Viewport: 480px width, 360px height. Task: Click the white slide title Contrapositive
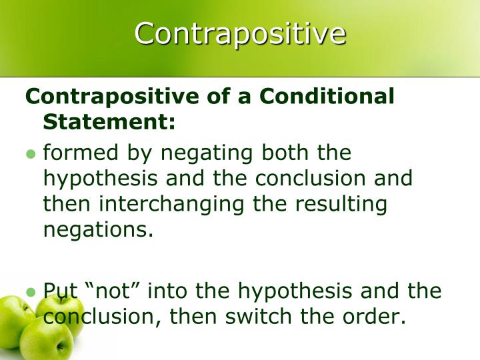240,33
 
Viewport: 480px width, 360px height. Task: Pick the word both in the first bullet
288,153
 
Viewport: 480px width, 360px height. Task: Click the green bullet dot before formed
30,154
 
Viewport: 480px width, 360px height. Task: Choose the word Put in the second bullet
61,291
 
